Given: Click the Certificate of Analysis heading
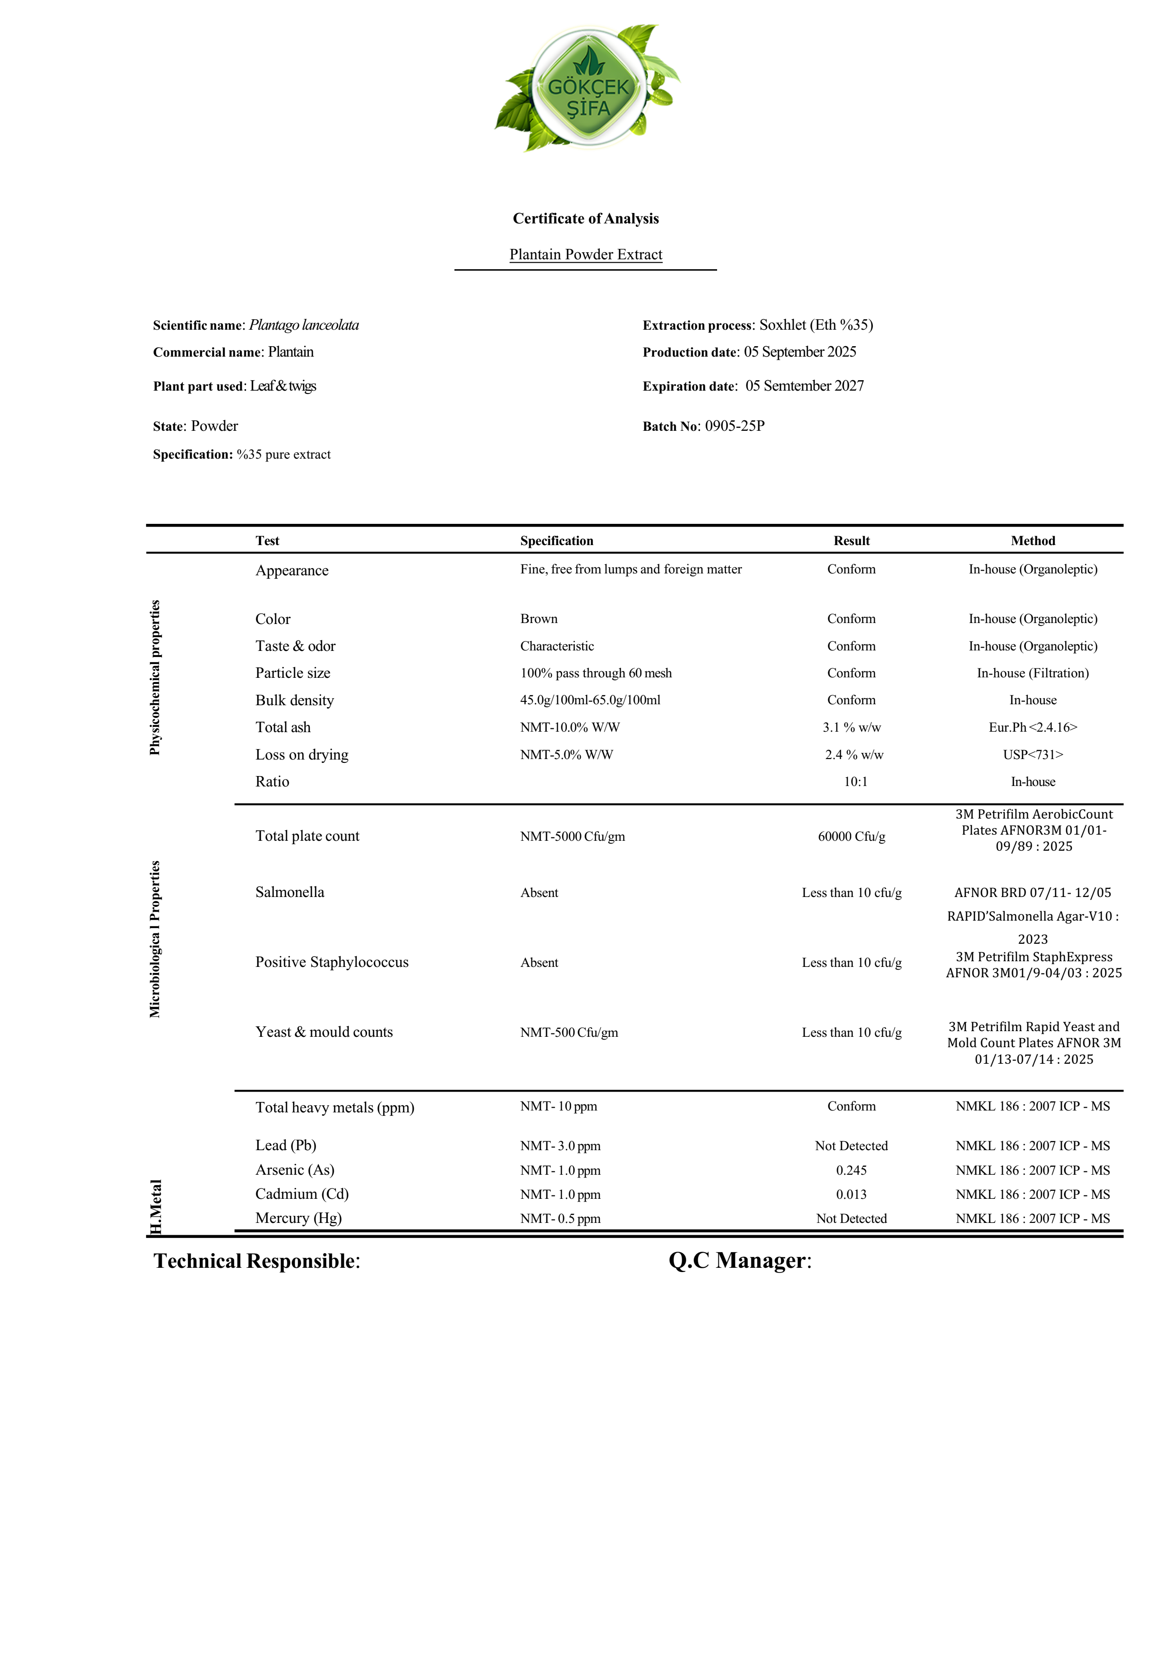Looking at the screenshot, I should [x=585, y=219].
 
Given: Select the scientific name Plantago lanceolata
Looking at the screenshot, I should [x=304, y=325].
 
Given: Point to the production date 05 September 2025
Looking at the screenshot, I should [x=800, y=352].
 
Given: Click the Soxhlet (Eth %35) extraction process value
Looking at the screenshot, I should [x=815, y=325].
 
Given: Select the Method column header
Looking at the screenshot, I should [x=1032, y=540].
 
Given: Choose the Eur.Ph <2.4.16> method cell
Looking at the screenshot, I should [x=1032, y=727].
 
